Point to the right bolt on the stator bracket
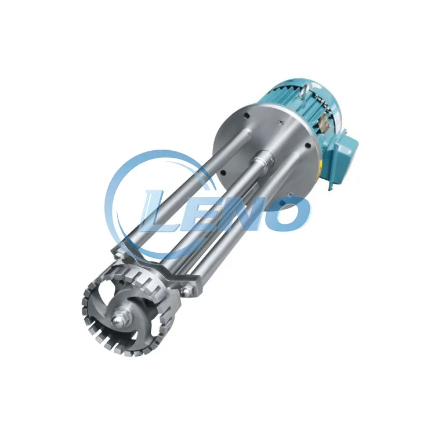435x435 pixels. tap(185, 290)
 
